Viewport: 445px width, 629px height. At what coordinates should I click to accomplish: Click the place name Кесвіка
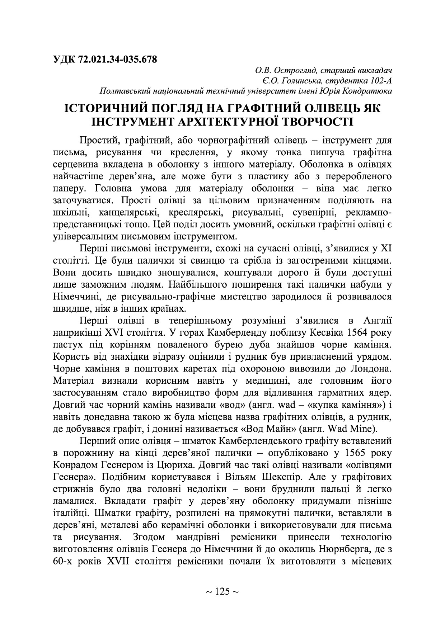click(319, 333)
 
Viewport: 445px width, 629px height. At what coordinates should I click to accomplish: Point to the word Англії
click(378, 321)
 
